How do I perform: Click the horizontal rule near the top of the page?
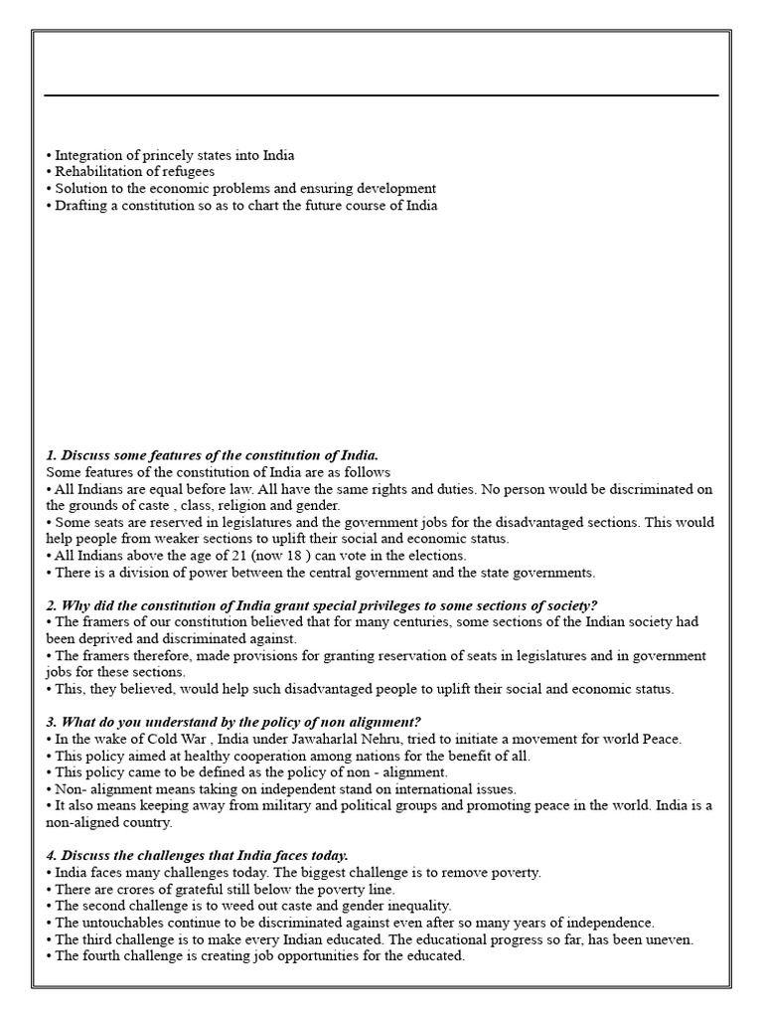pyautogui.click(x=381, y=95)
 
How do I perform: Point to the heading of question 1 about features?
pyautogui.click(x=212, y=454)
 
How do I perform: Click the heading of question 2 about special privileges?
pyautogui.click(x=321, y=605)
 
